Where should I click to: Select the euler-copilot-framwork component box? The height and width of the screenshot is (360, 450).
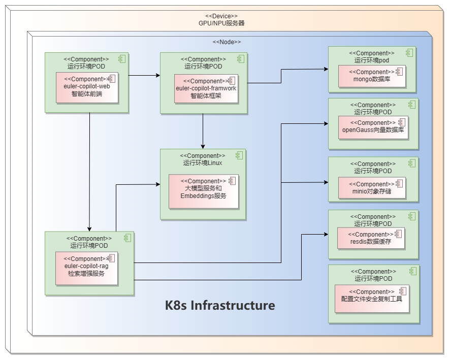206,89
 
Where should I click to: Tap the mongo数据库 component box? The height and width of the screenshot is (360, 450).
372,76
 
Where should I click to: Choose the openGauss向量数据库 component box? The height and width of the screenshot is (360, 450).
373,126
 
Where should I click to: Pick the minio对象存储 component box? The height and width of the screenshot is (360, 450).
372,188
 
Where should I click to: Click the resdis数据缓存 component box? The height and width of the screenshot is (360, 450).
371,238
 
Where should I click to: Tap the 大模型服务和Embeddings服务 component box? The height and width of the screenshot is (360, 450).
203,191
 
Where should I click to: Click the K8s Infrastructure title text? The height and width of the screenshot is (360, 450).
220,306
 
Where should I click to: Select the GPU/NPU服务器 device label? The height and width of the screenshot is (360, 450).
221,23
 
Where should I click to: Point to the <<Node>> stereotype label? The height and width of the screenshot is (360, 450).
227,42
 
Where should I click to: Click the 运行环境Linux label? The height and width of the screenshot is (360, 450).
203,163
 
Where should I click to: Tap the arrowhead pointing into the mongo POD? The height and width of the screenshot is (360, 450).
325,70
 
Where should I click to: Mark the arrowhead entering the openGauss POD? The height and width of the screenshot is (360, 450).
325,123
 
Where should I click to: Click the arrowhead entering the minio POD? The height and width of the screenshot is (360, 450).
325,182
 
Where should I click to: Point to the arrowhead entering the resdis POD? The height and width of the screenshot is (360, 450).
325,234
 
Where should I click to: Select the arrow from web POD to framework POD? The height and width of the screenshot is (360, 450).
144,76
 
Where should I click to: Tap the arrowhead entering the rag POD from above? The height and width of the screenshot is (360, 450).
89,228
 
